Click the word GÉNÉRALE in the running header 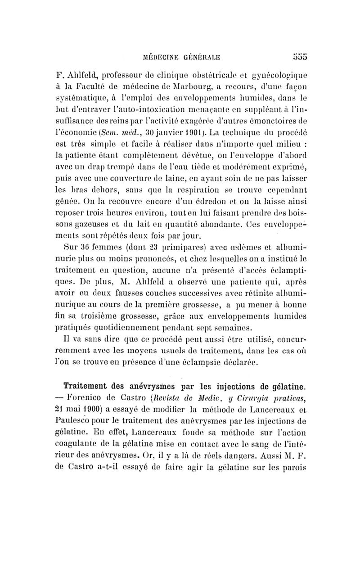pyautogui.click(x=198, y=58)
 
